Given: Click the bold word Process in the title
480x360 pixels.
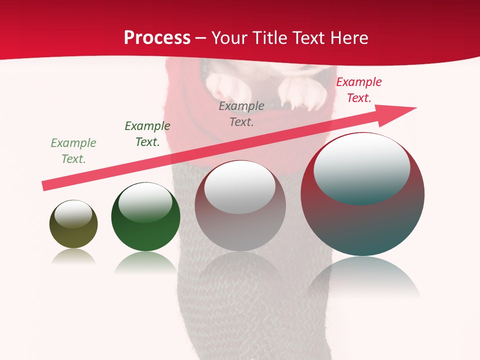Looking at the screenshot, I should click(157, 38).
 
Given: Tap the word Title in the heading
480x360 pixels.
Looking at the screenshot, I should click(268, 38).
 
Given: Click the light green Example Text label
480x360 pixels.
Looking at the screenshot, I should click(73, 151).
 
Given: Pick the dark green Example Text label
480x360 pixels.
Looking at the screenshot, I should click(147, 134).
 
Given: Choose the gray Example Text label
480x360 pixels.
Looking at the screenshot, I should click(241, 114).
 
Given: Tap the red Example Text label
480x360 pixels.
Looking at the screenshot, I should click(359, 90).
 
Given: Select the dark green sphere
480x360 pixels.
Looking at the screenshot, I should click(145, 230).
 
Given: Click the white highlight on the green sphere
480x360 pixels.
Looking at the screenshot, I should click(145, 202).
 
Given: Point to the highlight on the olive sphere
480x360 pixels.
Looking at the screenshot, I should click(73, 214).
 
